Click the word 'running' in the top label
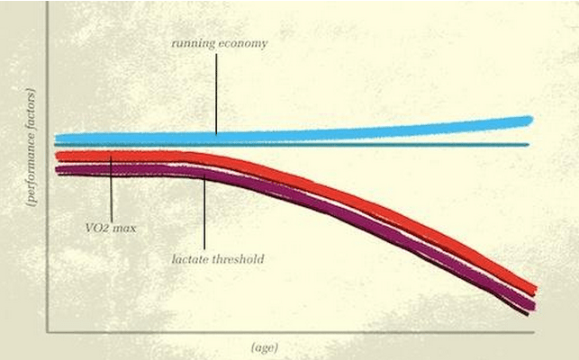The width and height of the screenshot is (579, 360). coord(193,43)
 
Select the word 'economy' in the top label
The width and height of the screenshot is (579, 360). coord(243,44)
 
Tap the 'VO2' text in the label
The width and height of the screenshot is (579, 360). coord(96,228)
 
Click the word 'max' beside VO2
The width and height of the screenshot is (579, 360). coord(124,229)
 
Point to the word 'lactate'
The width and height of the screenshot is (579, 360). coord(188,259)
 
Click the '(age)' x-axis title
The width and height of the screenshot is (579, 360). coord(265,347)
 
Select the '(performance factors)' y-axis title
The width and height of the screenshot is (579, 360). coord(32,148)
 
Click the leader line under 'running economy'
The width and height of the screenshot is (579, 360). coord(216,94)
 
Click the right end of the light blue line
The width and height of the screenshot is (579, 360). coord(532,120)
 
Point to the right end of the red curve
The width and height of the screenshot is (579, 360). coord(535,290)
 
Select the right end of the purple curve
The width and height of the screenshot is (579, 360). coord(533,307)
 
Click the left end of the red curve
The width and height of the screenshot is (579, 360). coord(57,156)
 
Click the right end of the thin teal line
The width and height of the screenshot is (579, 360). coord(529,145)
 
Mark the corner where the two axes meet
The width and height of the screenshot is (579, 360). coord(48,331)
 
